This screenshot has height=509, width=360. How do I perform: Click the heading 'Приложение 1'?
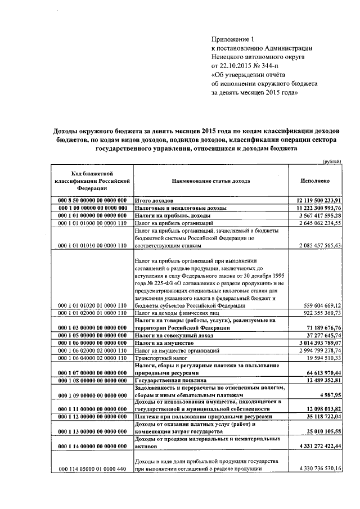coord(233,40)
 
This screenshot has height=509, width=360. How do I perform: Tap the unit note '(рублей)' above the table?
coord(331,161)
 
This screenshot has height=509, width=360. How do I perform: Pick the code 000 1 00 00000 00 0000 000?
coord(92,208)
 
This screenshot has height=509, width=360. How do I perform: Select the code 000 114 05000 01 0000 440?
coord(92,468)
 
